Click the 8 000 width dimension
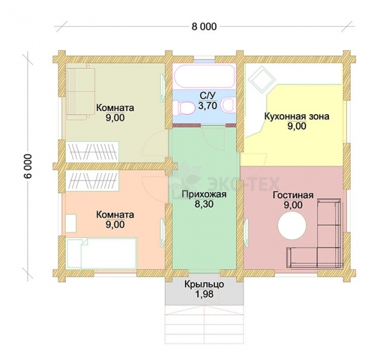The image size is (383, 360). [204, 27]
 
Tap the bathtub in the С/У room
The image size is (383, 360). [204, 76]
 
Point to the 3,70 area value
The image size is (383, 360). [207, 106]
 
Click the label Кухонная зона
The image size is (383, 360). [297, 116]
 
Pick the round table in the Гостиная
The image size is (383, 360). [292, 226]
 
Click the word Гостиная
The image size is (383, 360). [293, 195]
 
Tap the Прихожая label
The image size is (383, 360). [204, 194]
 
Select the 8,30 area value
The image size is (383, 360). [204, 204]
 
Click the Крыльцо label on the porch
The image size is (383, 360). [204, 284]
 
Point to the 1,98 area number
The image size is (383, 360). [204, 294]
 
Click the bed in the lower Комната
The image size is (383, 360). [101, 253]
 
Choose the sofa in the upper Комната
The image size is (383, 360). [80, 92]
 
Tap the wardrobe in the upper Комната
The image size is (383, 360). [92, 151]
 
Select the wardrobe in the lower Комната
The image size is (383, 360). [92, 181]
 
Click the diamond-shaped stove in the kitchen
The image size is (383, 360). [262, 79]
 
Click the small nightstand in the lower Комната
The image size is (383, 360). [71, 223]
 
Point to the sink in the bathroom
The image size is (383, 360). [230, 106]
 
